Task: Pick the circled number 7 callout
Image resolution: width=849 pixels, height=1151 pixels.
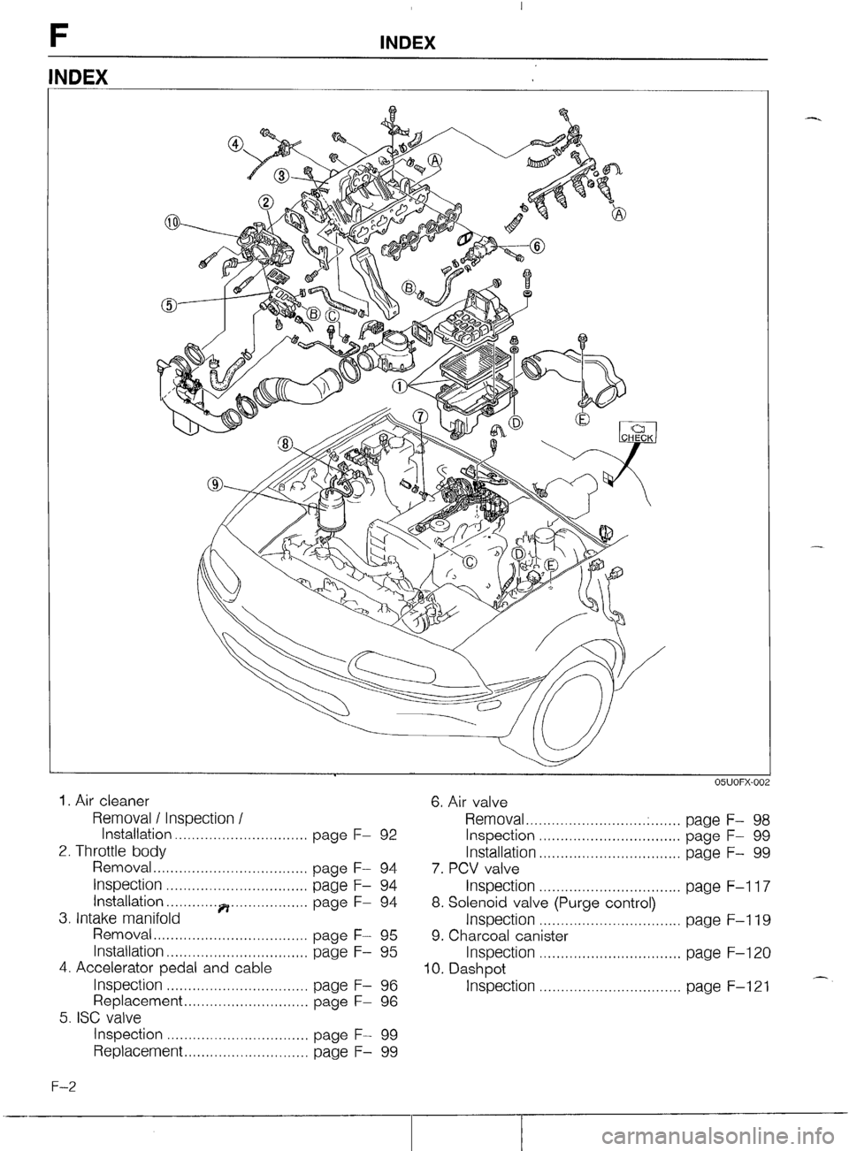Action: pos(420,416)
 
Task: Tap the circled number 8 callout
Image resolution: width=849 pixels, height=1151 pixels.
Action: pos(286,443)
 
